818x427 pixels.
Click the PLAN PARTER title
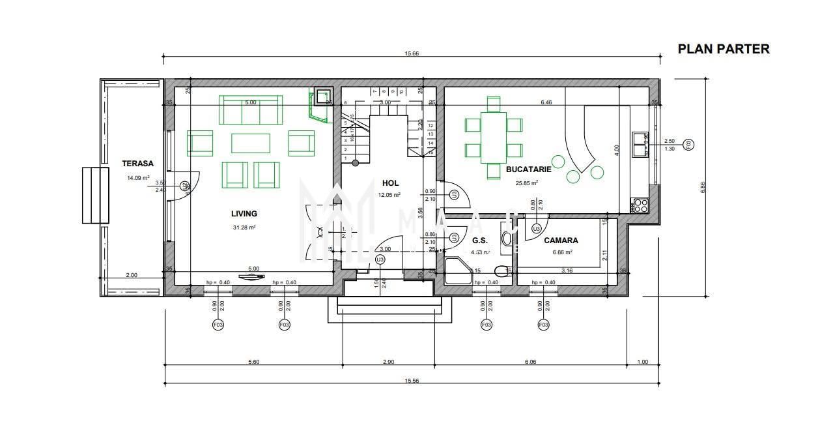[x=724, y=49]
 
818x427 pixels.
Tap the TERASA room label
[x=137, y=164]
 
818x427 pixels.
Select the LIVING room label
[x=244, y=214]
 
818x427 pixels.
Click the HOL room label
[x=391, y=183]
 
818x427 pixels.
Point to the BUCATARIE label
[x=528, y=169]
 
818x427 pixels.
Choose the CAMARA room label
[x=561, y=241]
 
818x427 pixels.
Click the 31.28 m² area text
[x=244, y=228]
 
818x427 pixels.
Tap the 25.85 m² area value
[x=527, y=183]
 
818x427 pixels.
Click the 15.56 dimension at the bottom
[x=411, y=380]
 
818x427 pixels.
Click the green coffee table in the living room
[x=251, y=143]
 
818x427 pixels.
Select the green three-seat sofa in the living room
[x=251, y=110]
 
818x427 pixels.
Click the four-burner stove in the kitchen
[x=640, y=206]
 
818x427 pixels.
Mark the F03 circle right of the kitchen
[x=689, y=145]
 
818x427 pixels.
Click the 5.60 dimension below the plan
[x=253, y=362]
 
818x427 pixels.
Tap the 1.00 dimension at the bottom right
[x=643, y=362]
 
